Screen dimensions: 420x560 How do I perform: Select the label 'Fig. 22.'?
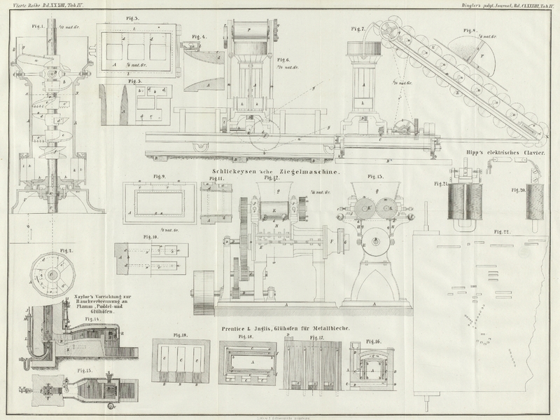coord(501,231)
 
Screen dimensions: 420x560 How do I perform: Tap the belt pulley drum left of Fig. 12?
coord(203,289)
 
